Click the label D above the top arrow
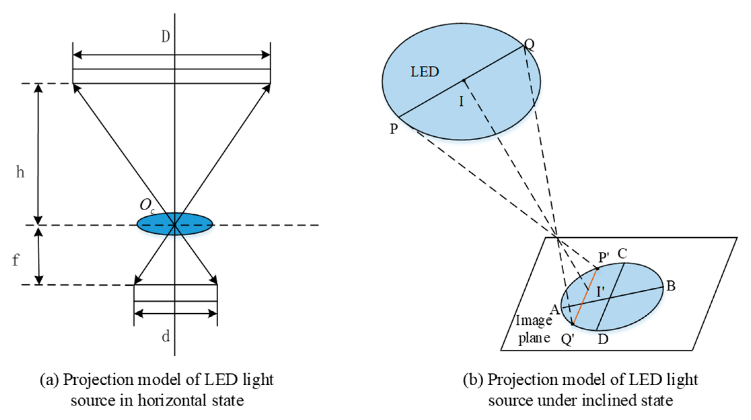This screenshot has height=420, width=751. pyautogui.click(x=165, y=36)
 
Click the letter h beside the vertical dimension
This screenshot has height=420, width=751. pyautogui.click(x=20, y=172)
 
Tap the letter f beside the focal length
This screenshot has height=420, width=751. pyautogui.click(x=15, y=260)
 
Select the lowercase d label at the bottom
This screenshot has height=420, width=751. pyautogui.click(x=166, y=336)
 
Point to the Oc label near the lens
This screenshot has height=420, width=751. pyautogui.click(x=147, y=205)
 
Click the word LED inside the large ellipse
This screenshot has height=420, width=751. pyautogui.click(x=424, y=72)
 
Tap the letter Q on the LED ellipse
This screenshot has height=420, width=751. pyautogui.click(x=529, y=44)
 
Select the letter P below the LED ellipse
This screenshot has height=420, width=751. pyautogui.click(x=394, y=129)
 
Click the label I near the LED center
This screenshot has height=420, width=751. pyautogui.click(x=461, y=101)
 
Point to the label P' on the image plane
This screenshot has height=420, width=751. pyautogui.click(x=604, y=257)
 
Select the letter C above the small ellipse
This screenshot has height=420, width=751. pyautogui.click(x=622, y=253)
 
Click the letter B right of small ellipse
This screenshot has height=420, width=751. pyautogui.click(x=671, y=286)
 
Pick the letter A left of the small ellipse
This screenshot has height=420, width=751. pyautogui.click(x=555, y=309)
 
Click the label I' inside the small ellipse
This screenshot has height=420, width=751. pyautogui.click(x=600, y=291)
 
